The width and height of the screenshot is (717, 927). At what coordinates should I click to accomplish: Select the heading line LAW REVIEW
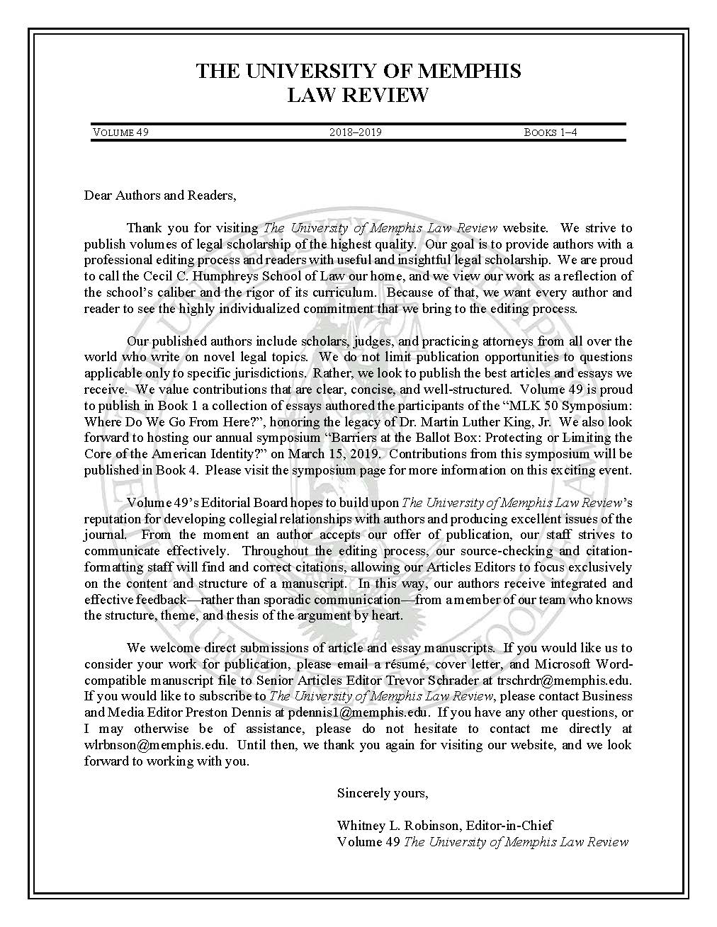[358, 95]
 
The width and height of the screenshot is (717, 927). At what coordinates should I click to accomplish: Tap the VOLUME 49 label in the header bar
[120, 132]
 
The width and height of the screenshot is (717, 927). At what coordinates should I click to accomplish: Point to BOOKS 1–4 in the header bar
[551, 132]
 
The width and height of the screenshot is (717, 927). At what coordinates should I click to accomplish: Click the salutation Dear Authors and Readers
[159, 195]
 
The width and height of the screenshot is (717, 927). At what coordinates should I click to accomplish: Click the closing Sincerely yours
[383, 793]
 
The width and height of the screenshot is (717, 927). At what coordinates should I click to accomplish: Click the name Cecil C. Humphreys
[223, 276]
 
